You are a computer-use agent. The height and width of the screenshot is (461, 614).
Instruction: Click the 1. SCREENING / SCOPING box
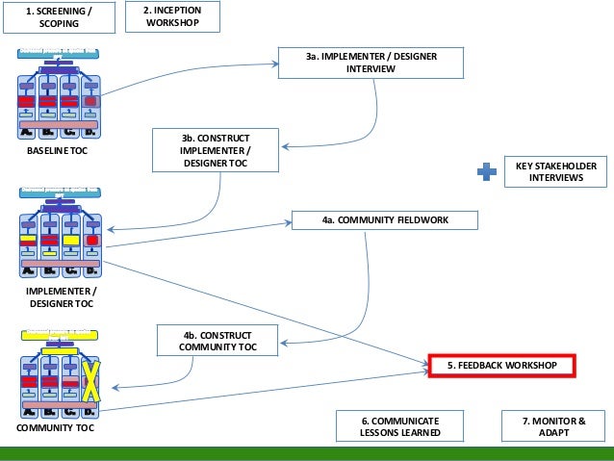pyautogui.click(x=60, y=16)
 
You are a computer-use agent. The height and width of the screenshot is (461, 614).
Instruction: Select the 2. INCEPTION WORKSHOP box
pyautogui.click(x=172, y=16)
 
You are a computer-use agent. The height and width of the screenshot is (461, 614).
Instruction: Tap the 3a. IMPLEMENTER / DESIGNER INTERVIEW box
pyautogui.click(x=371, y=63)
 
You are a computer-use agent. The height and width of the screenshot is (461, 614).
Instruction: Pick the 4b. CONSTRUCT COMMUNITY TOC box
pyautogui.click(x=218, y=341)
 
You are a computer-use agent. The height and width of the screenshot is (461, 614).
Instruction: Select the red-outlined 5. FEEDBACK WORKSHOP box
pyautogui.click(x=501, y=367)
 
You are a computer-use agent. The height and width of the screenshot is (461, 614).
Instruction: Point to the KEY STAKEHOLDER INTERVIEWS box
pyautogui.click(x=556, y=172)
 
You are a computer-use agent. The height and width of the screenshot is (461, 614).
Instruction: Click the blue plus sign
pyautogui.click(x=488, y=172)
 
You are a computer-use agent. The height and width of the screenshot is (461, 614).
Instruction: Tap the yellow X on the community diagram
pyautogui.click(x=90, y=381)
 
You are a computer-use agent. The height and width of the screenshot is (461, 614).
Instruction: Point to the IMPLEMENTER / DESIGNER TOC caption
pyautogui.click(x=60, y=295)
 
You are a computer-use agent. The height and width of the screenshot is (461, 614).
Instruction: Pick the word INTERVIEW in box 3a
pyautogui.click(x=371, y=69)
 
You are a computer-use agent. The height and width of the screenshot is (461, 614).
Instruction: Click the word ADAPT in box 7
pyautogui.click(x=553, y=433)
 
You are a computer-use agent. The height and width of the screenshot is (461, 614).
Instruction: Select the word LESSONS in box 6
pyautogui.click(x=388, y=433)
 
